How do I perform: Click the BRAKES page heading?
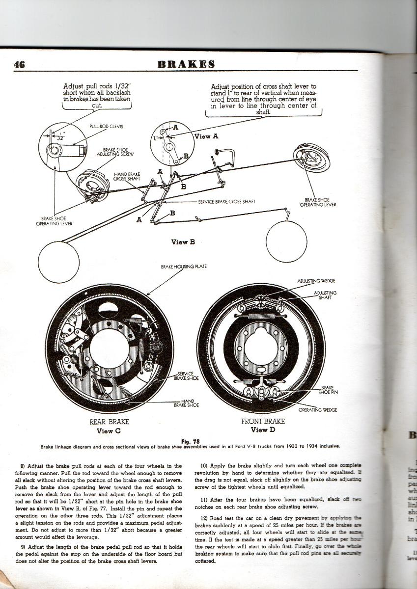186,64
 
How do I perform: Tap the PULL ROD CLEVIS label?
106,126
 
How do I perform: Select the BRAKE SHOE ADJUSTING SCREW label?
118,152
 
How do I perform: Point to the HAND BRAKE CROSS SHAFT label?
127,176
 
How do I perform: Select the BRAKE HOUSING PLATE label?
184,267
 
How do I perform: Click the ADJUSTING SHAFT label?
325,295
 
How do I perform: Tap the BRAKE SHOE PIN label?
328,390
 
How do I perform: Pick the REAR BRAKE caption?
109,422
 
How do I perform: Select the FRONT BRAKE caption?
262,422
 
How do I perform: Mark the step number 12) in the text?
205,518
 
